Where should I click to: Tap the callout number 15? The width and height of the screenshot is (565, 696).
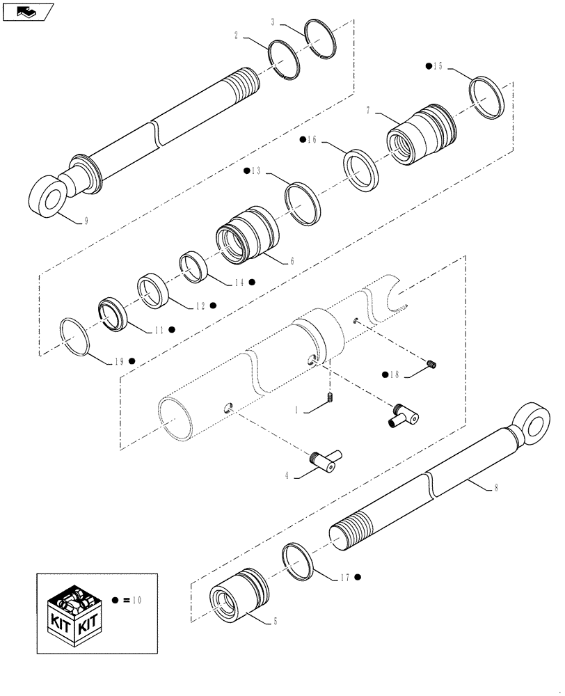pyautogui.click(x=438, y=66)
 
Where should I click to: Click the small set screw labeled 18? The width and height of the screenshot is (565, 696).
pyautogui.click(x=431, y=364)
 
